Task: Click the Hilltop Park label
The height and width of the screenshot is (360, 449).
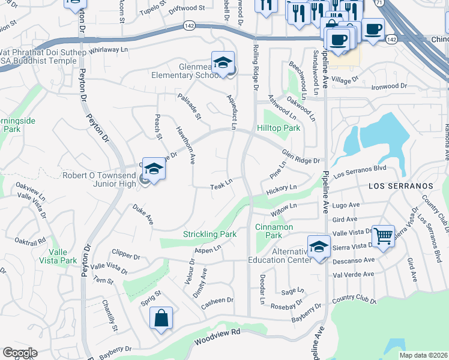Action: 278,128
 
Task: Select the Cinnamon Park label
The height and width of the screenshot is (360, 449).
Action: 274,232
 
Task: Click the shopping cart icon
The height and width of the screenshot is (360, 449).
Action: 383,235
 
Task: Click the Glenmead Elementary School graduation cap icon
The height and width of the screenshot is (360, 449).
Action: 223,63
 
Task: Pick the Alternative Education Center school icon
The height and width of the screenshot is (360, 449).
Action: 319,247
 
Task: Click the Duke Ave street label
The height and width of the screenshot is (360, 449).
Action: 143,214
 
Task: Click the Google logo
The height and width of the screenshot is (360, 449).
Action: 20,352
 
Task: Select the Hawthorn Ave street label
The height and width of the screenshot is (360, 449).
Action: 185,145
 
